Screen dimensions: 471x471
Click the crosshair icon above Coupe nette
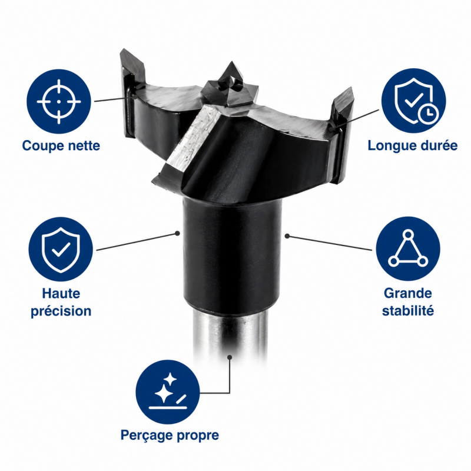tap(59, 101)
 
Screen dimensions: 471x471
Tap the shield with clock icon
tap(414, 101)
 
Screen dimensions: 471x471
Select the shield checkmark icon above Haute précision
tap(61, 249)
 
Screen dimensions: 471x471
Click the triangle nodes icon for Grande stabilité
tap(408, 248)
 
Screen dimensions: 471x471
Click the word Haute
tap(61, 293)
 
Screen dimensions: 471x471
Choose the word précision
tap(61, 311)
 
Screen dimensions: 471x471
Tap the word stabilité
tap(408, 310)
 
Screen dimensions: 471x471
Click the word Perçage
tap(147, 436)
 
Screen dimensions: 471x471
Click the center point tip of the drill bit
tap(231, 62)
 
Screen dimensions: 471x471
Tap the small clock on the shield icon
tap(429, 113)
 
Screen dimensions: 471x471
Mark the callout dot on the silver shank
tap(230, 357)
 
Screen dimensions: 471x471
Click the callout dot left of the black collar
tap(178, 233)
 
